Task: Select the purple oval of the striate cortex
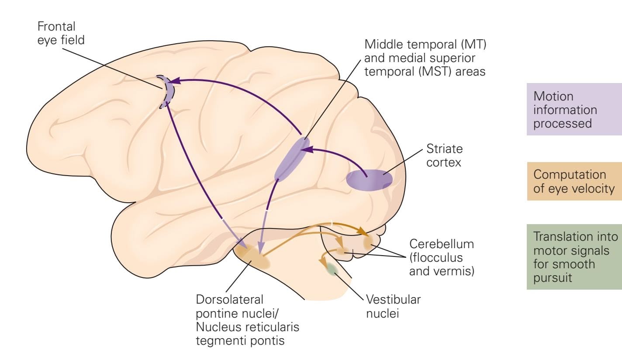pos(369,180)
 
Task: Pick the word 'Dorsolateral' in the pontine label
pos(231,300)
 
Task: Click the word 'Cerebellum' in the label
pos(441,243)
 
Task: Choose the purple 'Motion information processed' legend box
pos(574,109)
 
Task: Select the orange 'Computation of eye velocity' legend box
pos(574,181)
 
